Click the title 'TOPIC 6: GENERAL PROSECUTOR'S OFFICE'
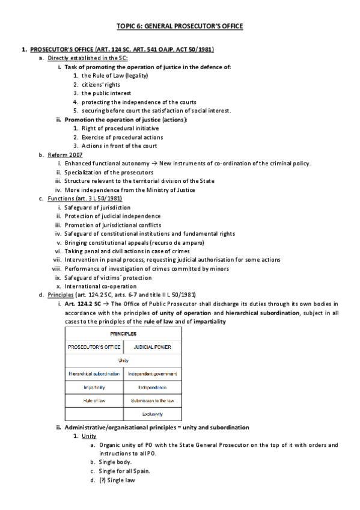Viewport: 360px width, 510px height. (x=180, y=26)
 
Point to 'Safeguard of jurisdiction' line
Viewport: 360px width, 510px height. (x=97, y=207)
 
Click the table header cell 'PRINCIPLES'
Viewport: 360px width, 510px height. (x=123, y=333)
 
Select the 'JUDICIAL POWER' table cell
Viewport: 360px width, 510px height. (x=152, y=347)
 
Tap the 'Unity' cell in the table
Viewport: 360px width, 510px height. (x=123, y=360)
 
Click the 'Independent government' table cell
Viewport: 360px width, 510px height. (x=152, y=373)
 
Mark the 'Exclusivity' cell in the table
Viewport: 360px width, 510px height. (x=152, y=414)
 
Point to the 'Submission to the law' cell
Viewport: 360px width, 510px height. (x=152, y=400)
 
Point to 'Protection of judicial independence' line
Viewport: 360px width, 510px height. (x=112, y=216)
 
